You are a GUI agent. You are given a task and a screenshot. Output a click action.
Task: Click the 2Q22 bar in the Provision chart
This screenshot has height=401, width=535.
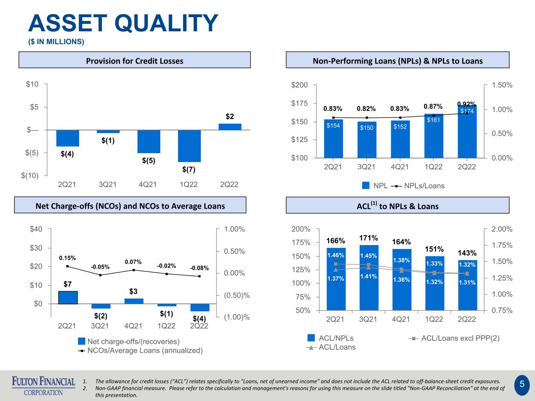coord(230,127)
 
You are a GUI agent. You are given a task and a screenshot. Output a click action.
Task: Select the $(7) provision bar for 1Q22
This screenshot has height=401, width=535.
coord(189,146)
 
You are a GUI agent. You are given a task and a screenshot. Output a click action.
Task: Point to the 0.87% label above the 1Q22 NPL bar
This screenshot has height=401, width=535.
coord(433,107)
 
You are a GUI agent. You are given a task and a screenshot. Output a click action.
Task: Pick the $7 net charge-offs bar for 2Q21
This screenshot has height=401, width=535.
coord(68,297)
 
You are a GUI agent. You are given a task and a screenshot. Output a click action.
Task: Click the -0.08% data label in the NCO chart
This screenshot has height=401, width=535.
coord(199,268)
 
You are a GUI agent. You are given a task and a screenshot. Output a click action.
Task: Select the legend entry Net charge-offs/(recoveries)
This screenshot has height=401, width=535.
coord(129,341)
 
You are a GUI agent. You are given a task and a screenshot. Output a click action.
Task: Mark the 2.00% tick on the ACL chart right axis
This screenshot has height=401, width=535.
coord(502,229)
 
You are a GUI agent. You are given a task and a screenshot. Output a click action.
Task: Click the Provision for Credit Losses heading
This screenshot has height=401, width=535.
coord(134,61)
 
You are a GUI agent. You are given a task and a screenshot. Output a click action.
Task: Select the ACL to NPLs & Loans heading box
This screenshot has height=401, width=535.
coord(397,206)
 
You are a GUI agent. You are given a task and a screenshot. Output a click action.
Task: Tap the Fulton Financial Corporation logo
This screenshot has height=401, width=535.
coord(44,386)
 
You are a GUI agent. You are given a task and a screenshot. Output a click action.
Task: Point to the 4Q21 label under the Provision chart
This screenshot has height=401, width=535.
coord(148,184)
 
